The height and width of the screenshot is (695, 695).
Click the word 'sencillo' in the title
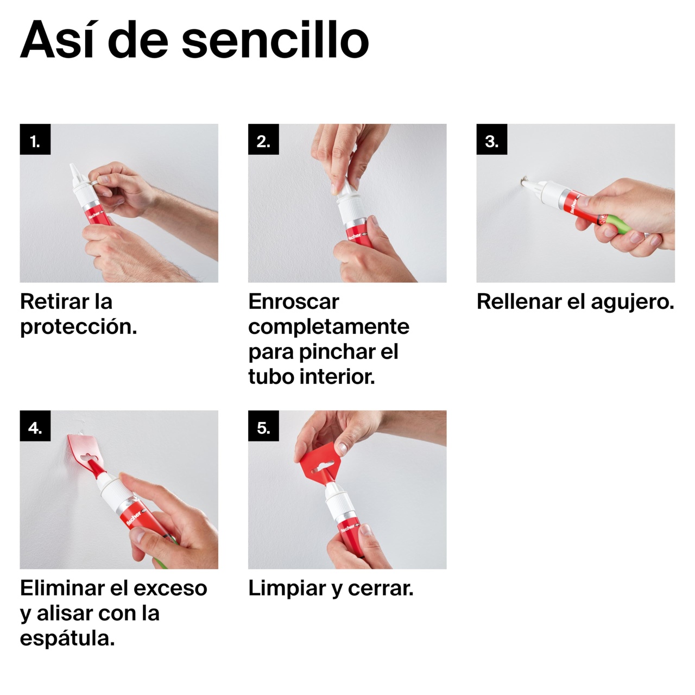(275, 40)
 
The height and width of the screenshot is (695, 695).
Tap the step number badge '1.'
(35, 139)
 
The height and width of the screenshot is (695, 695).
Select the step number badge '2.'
(263, 139)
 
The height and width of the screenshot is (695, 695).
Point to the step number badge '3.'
(491, 139)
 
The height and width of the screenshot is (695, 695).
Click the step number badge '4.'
(35, 426)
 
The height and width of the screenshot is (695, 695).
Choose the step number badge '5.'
(263, 426)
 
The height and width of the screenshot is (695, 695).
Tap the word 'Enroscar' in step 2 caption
(294, 301)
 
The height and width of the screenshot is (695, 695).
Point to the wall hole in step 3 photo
(523, 179)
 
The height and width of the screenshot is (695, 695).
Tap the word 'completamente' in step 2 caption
(328, 327)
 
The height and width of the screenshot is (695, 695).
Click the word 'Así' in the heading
(59, 39)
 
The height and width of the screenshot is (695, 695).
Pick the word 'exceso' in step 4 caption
(170, 589)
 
